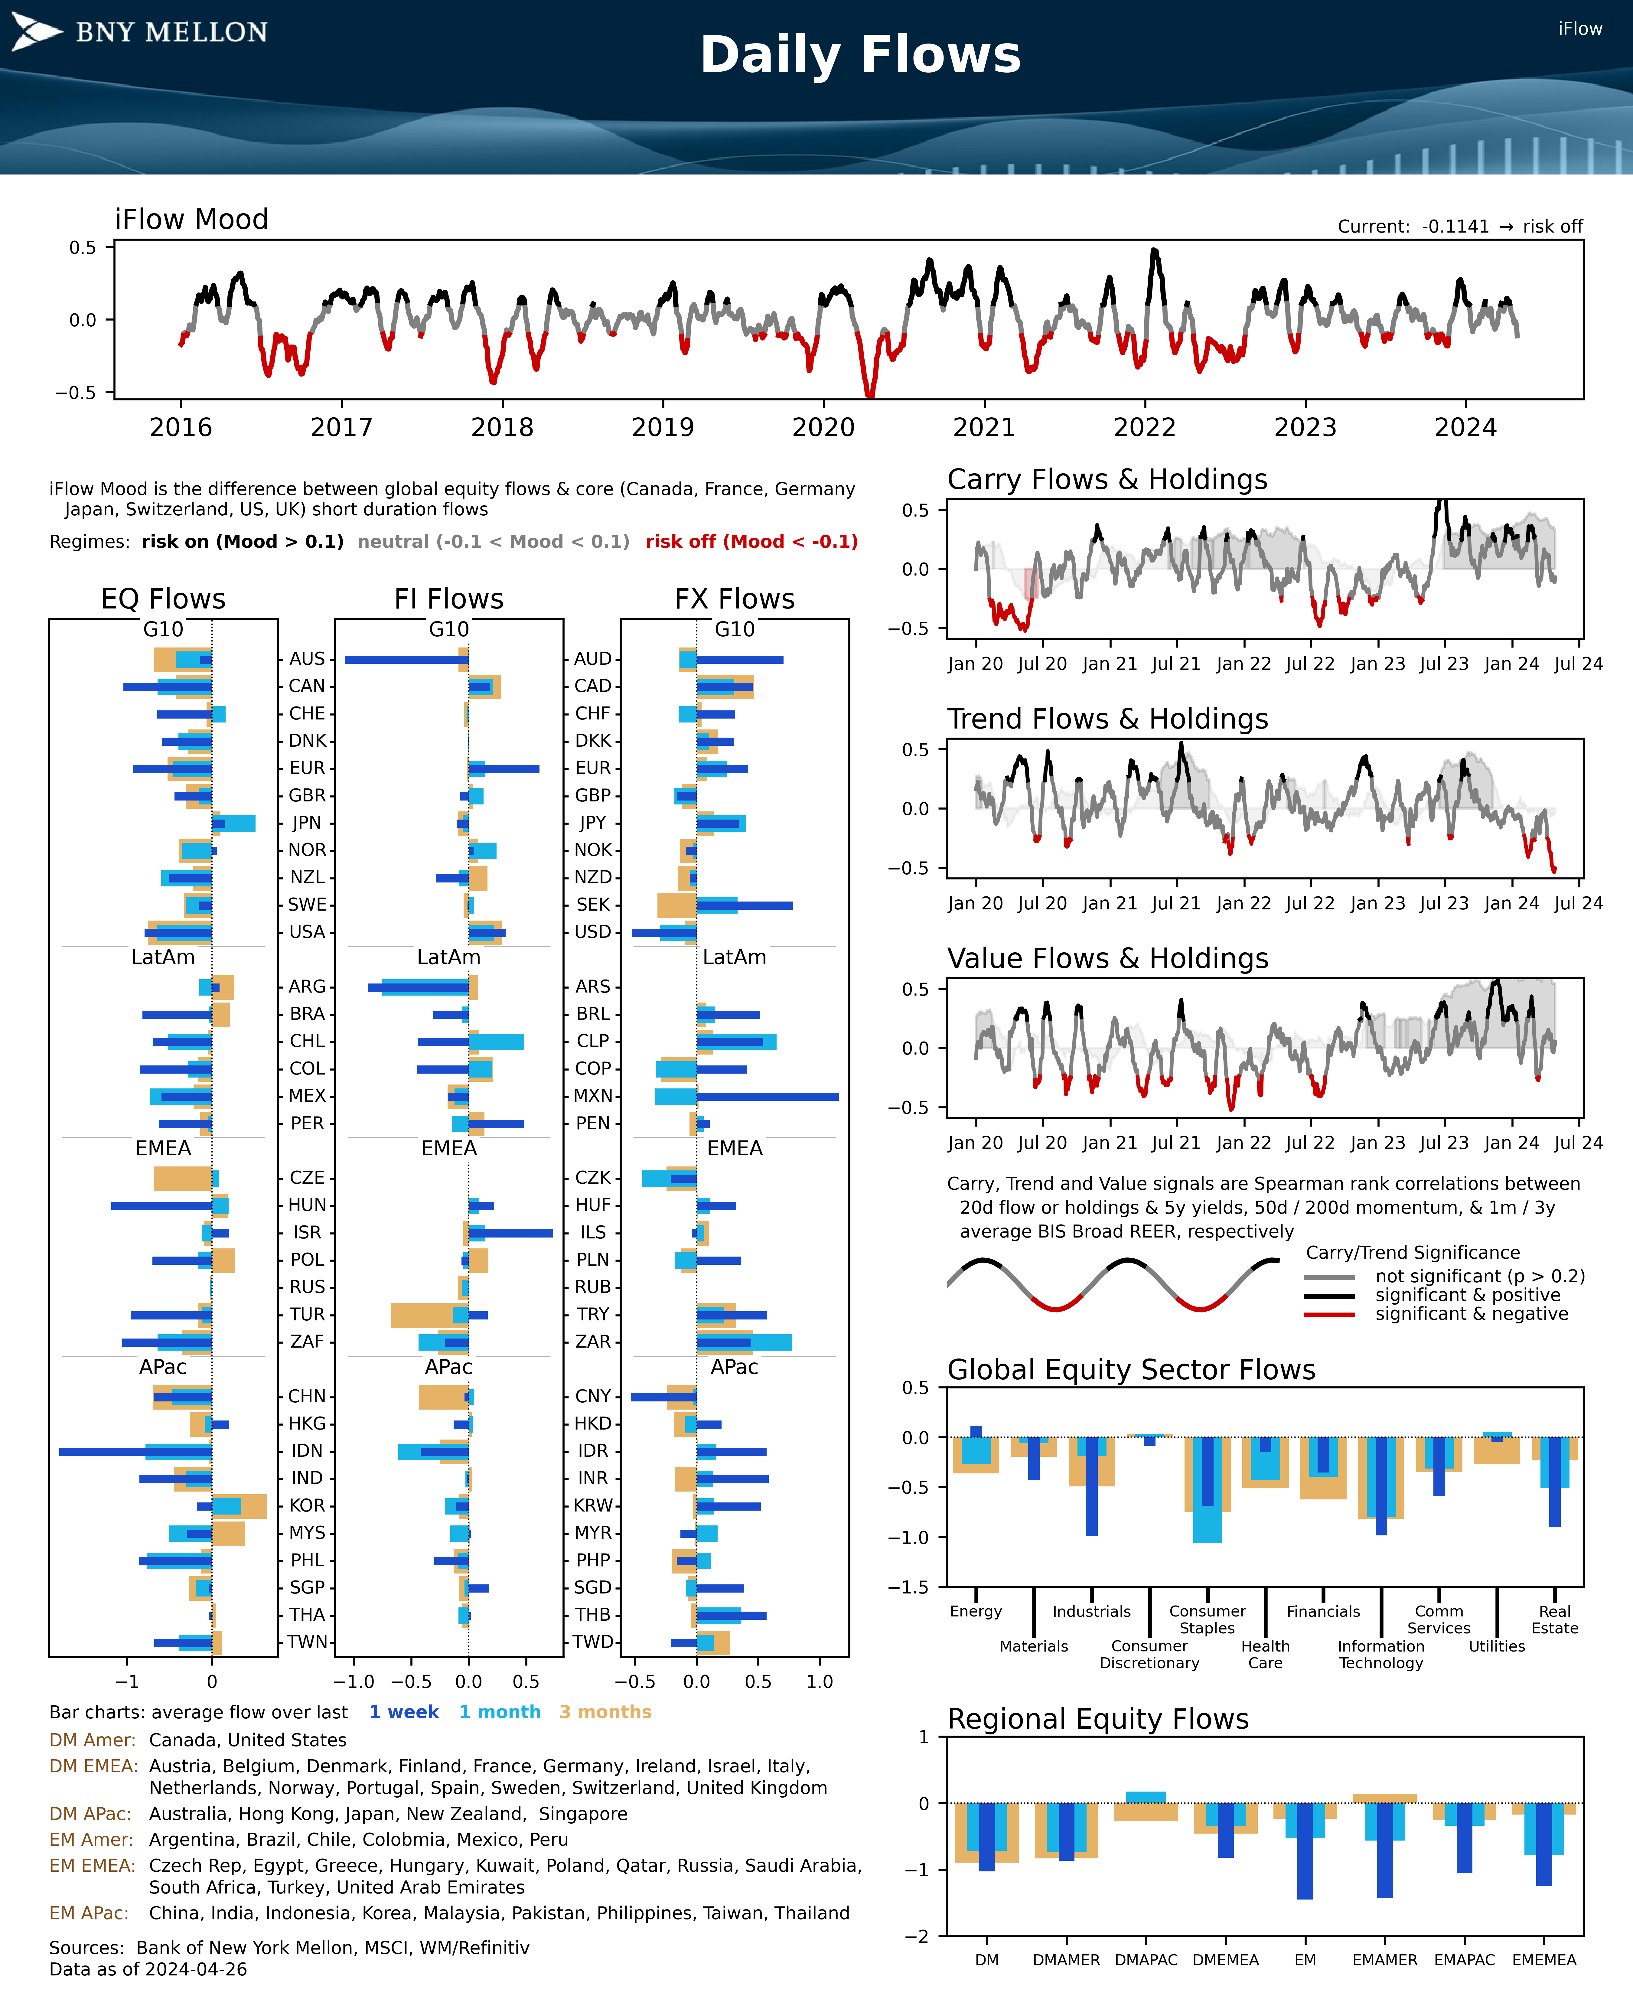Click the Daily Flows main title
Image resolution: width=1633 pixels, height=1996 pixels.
pos(860,54)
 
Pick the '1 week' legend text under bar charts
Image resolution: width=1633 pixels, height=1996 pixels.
pos(403,1712)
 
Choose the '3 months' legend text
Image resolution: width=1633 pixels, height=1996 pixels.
pos(605,1712)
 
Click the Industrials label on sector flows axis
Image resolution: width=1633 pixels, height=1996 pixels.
pos(1091,1611)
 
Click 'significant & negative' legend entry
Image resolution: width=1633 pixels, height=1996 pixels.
pos(1471,1314)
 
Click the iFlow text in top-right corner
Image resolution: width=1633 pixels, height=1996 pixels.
pos(1579,29)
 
